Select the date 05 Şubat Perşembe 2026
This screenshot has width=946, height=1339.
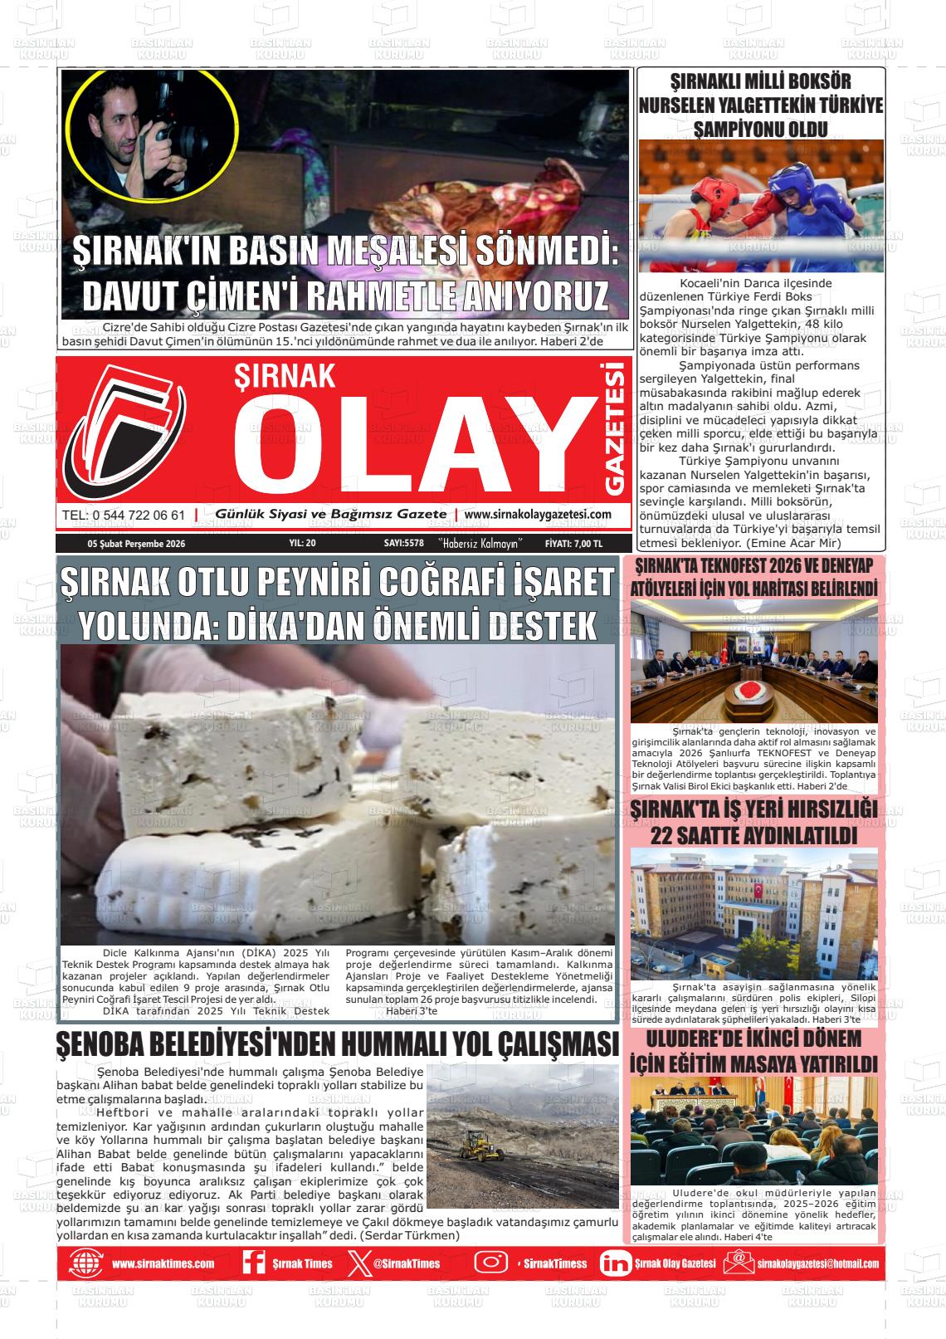(x=136, y=544)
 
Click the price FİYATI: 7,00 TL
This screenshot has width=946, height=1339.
(x=573, y=544)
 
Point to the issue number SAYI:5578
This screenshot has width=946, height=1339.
(x=404, y=544)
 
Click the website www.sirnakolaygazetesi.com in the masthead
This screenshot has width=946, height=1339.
(x=538, y=515)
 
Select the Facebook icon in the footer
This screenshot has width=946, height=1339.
(x=252, y=1263)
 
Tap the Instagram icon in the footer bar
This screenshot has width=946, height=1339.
(x=490, y=1263)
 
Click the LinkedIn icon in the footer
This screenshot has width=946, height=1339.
(x=615, y=1263)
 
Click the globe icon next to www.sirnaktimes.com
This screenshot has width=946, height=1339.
(x=85, y=1263)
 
